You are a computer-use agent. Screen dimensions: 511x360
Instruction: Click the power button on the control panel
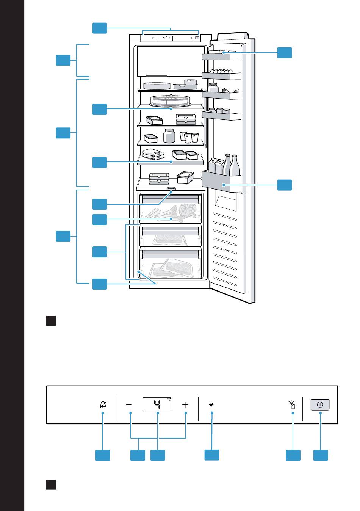pos(320,404)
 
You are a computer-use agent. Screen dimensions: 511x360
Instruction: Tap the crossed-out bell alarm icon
pos(103,404)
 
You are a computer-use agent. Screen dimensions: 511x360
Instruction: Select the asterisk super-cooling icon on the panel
pos(211,404)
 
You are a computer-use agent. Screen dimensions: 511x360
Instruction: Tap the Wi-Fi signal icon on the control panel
pos(292,404)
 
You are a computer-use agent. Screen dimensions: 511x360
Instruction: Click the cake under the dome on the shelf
pos(171,100)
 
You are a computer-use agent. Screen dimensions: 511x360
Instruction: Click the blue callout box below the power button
pos(321,455)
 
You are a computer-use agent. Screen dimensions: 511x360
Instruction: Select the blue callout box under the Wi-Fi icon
pos(293,455)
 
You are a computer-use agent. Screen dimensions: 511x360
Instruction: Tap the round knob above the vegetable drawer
pos(171,189)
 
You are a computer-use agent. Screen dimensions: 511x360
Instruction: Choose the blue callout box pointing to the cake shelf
pos(100,109)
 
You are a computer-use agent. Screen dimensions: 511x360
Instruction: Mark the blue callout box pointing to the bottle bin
pos(285,185)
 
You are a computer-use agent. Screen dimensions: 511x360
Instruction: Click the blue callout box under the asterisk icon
pos(212,455)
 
